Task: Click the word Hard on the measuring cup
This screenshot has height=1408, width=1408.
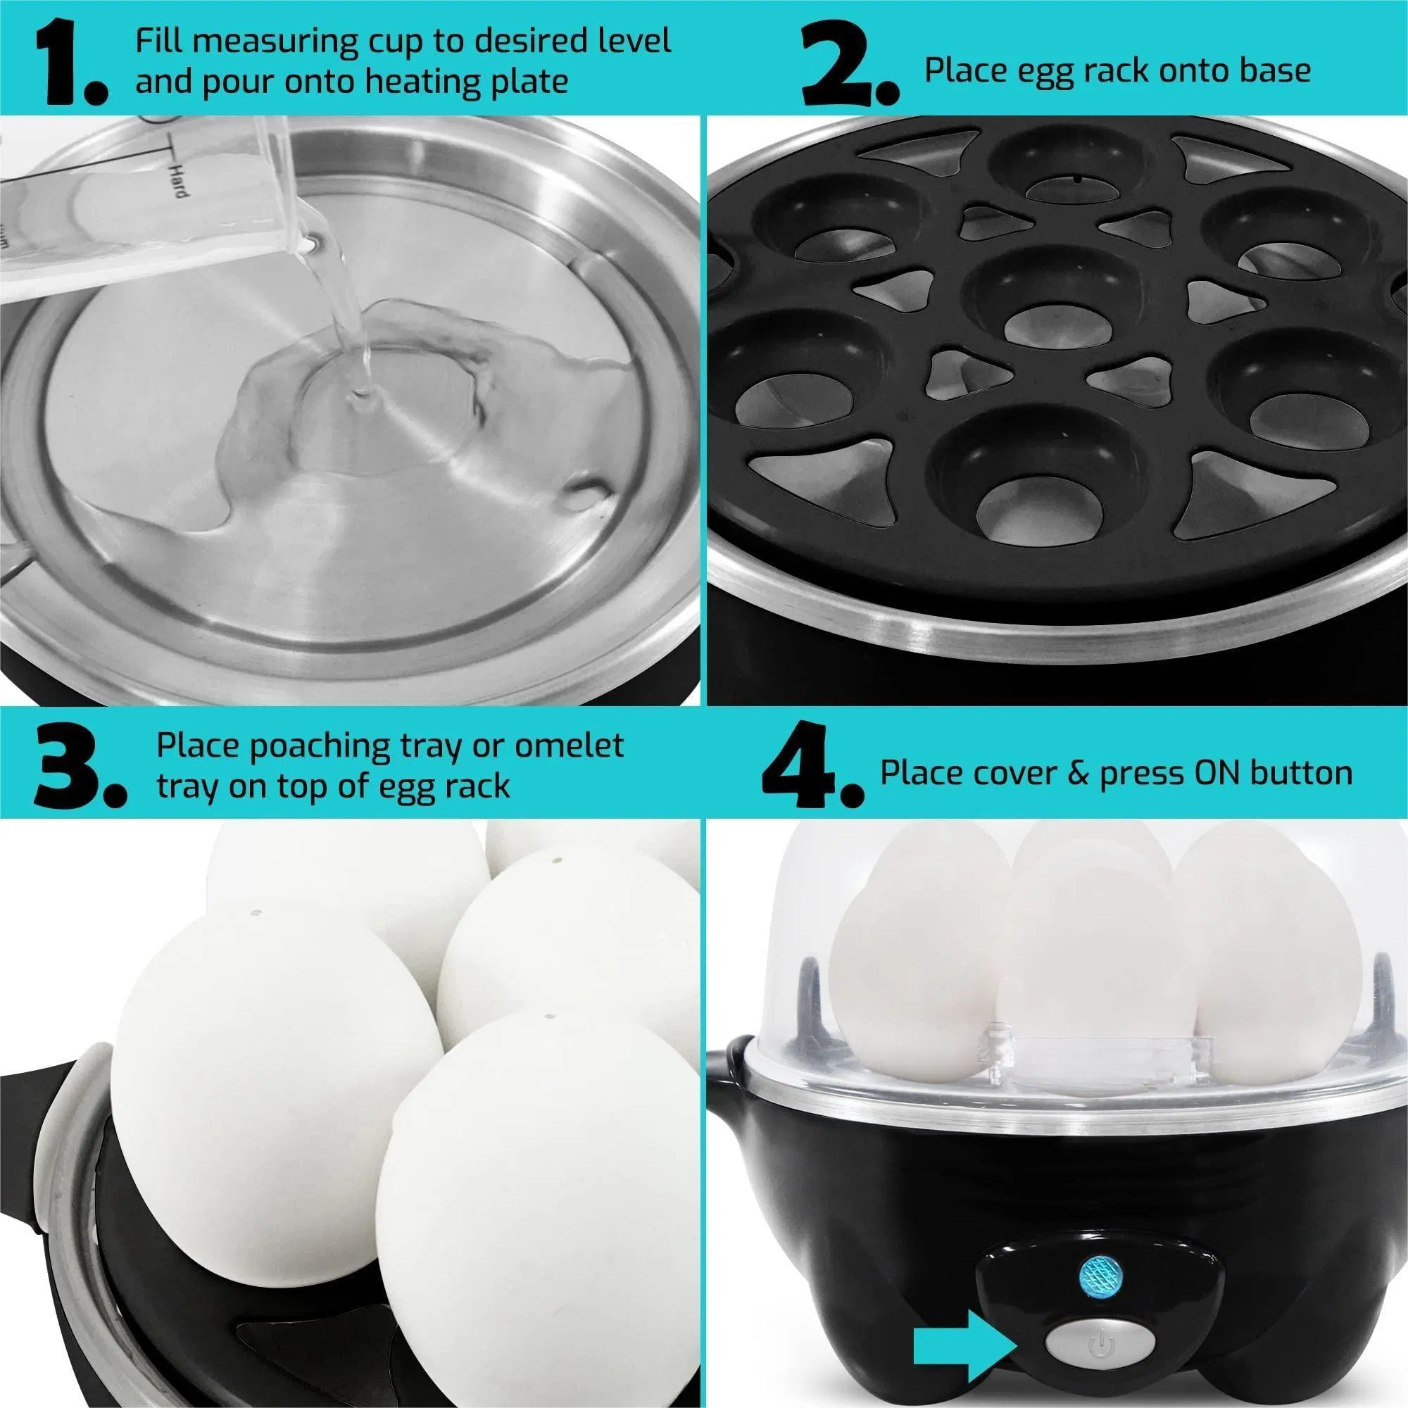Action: tap(180, 180)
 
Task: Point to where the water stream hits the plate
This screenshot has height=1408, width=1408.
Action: tap(360, 397)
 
